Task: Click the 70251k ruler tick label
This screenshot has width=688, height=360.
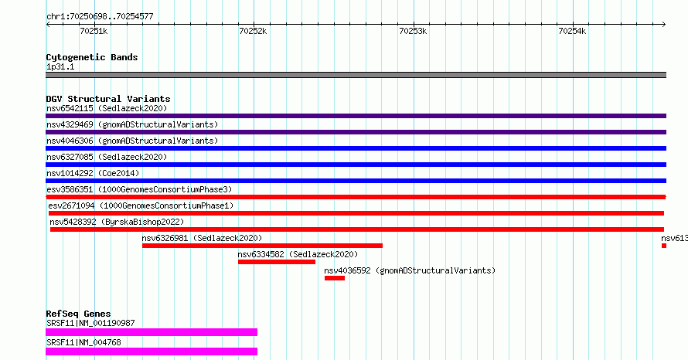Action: [94, 31]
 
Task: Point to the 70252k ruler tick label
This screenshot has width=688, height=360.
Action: [253, 31]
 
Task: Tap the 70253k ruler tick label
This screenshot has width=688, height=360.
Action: [413, 31]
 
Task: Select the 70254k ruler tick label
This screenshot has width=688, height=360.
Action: [572, 31]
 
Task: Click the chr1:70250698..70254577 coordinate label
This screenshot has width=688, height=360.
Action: [100, 17]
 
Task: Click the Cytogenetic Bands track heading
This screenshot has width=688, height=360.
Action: [92, 57]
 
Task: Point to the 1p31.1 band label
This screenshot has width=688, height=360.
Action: [60, 66]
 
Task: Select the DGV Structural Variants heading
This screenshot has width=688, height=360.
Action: [108, 99]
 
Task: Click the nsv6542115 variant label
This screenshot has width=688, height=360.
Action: [70, 108]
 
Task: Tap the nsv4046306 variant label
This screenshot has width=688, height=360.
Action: [70, 141]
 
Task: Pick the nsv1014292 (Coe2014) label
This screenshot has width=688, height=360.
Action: [93, 173]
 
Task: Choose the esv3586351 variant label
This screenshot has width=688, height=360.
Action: [70, 189]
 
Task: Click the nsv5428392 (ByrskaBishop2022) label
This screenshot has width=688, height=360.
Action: [118, 222]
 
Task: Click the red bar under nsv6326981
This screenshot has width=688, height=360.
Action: [262, 246]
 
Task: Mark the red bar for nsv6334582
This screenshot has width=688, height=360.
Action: [277, 262]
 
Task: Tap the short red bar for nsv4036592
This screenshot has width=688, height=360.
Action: [335, 278]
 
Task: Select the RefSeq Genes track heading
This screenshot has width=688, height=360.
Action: [79, 314]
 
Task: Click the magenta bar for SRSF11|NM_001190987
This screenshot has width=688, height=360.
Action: [152, 332]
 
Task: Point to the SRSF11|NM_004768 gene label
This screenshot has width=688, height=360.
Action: [83, 342]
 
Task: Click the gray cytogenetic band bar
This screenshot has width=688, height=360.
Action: [356, 75]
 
